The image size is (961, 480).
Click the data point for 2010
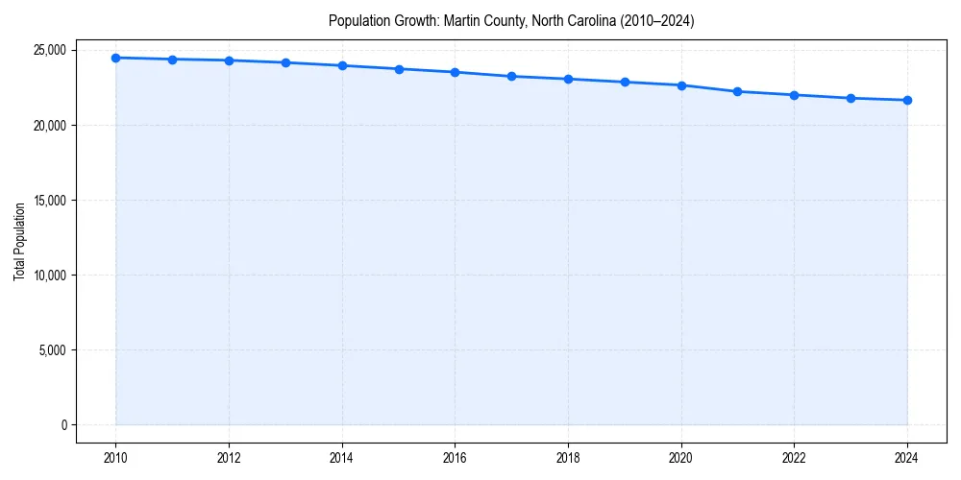coord(115,58)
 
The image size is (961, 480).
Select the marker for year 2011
coord(172,60)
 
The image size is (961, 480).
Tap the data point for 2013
coord(285,62)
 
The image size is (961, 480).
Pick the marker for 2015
coord(399,69)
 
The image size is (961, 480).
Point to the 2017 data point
coord(511,76)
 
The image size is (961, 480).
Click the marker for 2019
coord(625,82)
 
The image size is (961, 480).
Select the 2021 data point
coord(737,91)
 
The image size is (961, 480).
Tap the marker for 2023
coord(850,98)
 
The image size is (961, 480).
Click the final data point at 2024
coord(907,100)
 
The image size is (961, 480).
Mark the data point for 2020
coord(681,85)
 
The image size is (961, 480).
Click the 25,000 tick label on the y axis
coord(49,50)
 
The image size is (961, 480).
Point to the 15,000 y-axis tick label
coord(49,200)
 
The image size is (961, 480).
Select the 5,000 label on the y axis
coord(52,349)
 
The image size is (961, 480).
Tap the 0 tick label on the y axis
coord(63,424)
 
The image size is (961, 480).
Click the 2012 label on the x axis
coord(229,457)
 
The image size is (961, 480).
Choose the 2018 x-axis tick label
coord(568,457)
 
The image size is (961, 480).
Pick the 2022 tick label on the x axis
coord(794,457)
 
